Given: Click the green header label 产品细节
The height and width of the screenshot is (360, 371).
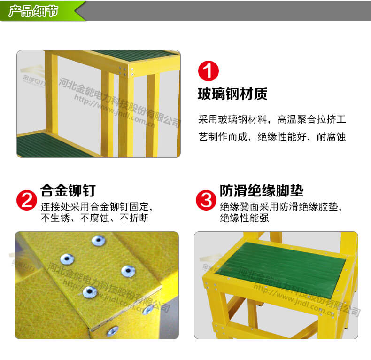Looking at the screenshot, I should pos(34,11).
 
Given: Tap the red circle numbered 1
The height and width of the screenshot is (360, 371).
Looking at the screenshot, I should pos(209,71).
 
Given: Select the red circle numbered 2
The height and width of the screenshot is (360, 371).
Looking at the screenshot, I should pos(27,200).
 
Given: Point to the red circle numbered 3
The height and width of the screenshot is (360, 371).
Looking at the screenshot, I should pos(206,200).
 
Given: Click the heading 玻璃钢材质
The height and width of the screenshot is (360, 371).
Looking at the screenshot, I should pos(232,94).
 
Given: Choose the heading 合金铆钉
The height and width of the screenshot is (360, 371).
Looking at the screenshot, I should pos(68,190).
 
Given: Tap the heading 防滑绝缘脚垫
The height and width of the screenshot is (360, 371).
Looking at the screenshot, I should pos(262,190).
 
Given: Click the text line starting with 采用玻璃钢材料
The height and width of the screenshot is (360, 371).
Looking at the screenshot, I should pos(272,119).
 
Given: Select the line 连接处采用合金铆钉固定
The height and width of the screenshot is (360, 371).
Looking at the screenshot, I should pos(96,206).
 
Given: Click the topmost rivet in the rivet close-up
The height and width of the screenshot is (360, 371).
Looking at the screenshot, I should pos(98,241).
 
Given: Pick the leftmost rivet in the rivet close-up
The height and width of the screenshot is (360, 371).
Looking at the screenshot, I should pos(66,258).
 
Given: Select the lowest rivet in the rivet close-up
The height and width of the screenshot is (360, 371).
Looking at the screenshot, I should pos(112,331).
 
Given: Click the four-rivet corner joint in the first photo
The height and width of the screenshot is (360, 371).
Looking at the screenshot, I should pos(126,71).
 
